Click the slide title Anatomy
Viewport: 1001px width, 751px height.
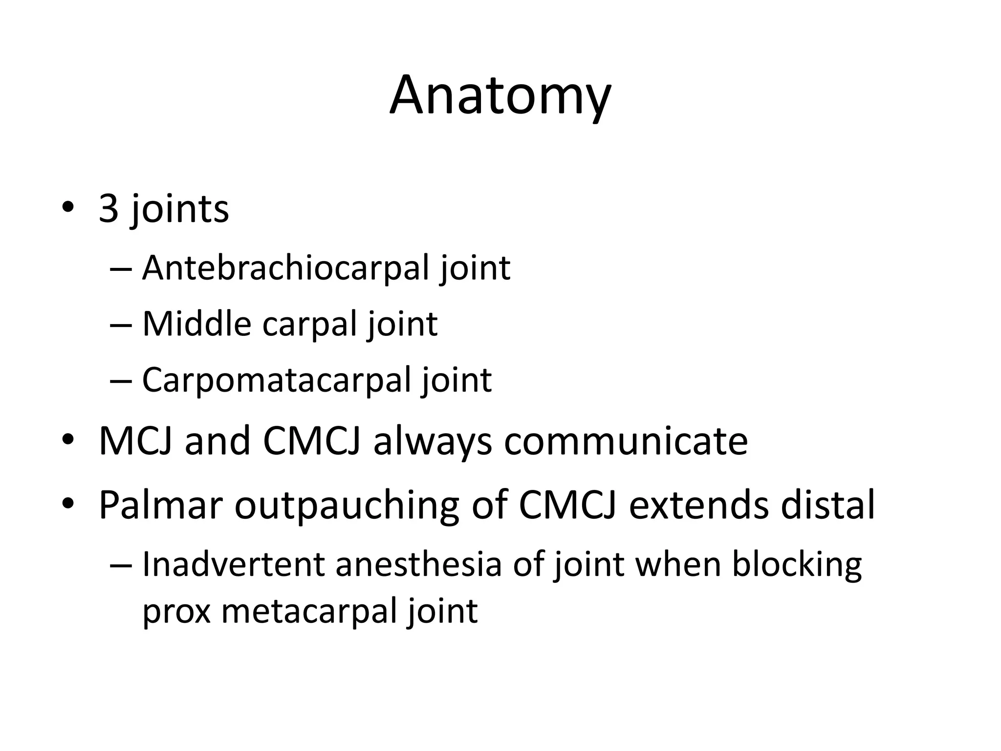(500, 96)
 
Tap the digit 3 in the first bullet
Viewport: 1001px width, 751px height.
(109, 209)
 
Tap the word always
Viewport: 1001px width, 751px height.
(432, 441)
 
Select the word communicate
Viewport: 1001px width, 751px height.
(626, 441)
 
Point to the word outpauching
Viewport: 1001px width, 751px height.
(347, 505)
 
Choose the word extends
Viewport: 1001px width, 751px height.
(698, 505)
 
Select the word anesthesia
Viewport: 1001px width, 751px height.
(418, 564)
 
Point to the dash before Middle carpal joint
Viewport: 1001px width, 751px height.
(121, 325)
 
